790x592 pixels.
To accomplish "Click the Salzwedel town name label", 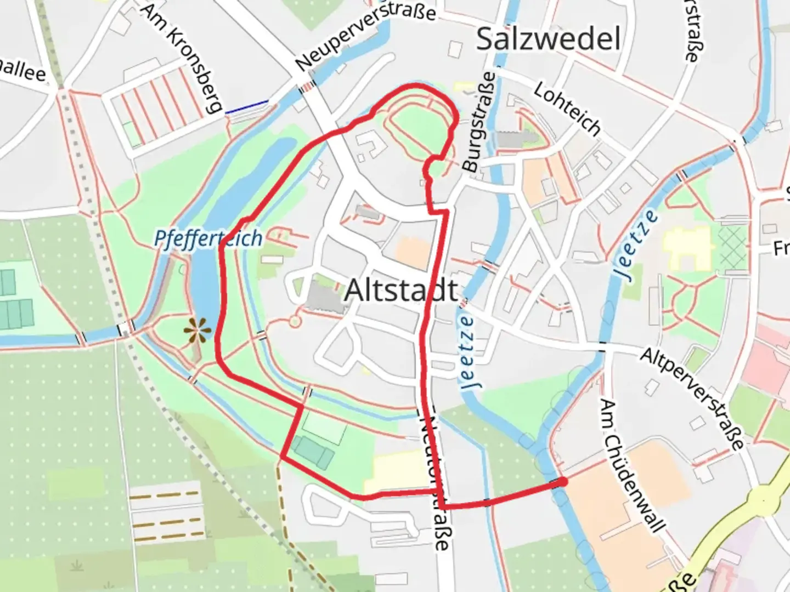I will [x=548, y=39].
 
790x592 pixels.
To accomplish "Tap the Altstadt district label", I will [x=401, y=290].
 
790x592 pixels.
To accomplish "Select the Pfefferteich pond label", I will [x=208, y=238].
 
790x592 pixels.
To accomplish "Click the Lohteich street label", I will [x=567, y=109].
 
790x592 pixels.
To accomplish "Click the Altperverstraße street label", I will [x=692, y=398].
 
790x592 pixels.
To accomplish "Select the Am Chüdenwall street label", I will [x=632, y=465].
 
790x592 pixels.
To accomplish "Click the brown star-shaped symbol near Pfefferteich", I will [x=197, y=330].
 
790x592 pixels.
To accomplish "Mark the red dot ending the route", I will [x=563, y=481].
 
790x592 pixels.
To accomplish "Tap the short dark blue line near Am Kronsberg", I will [x=247, y=106].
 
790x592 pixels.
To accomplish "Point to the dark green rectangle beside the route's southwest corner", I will [x=313, y=453].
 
